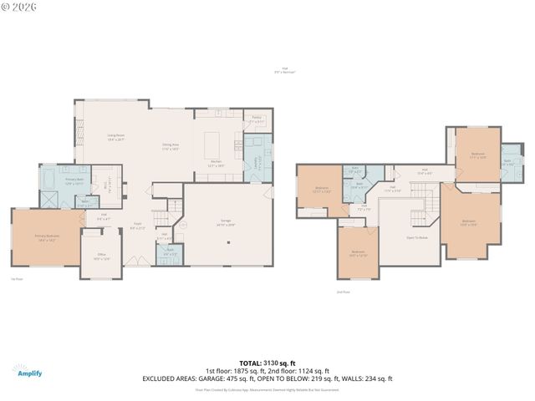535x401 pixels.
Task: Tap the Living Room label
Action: [x=115, y=137]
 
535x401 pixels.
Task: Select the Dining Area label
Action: [x=171, y=147]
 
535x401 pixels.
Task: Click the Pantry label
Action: [x=256, y=120]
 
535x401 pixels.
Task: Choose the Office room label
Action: [x=101, y=256]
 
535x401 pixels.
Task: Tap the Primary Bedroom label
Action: [x=47, y=239]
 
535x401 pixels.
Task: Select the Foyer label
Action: [x=140, y=226]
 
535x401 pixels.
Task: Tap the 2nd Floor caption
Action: [x=342, y=292]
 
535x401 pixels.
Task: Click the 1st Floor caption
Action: [x=16, y=280]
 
